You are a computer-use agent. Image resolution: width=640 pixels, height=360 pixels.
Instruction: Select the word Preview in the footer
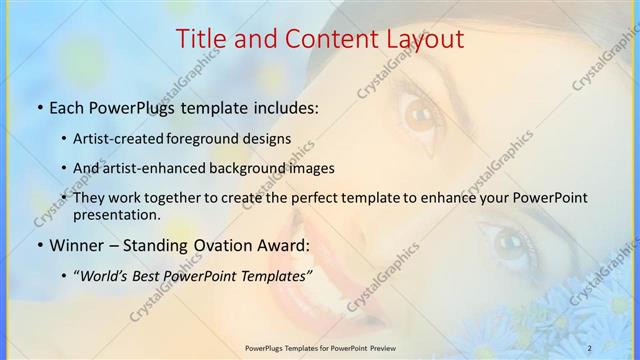pyautogui.click(x=390, y=347)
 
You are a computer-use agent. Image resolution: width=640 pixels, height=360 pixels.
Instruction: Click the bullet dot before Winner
pyautogui.click(x=38, y=245)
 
